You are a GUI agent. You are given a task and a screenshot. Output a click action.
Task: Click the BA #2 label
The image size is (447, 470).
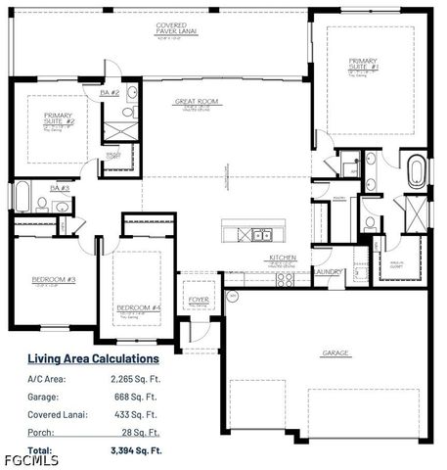point(109,92)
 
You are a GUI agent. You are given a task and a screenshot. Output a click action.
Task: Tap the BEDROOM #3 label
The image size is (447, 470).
point(53,280)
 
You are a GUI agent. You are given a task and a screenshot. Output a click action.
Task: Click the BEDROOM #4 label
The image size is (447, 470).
point(138,307)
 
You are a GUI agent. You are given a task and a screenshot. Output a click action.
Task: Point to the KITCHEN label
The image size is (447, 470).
point(284,258)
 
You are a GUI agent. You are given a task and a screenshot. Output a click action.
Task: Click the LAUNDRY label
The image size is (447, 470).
point(328,272)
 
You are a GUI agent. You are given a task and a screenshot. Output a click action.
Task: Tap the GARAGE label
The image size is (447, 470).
point(335,352)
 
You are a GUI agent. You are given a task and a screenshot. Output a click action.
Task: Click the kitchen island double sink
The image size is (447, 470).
point(260,235)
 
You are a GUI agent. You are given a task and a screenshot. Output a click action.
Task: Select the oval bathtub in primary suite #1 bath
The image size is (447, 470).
point(418,171)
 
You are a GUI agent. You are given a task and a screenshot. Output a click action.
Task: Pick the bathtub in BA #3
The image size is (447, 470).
point(22,196)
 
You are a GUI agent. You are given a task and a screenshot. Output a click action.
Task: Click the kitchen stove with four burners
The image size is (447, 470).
point(285,278)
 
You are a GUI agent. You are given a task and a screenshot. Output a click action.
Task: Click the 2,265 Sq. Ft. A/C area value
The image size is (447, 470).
point(132,379)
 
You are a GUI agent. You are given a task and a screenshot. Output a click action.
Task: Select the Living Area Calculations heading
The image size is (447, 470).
point(93,358)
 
